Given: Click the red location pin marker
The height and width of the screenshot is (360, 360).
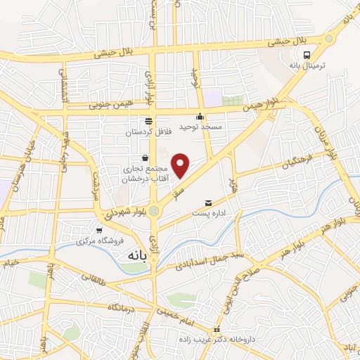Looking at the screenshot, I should [181, 165].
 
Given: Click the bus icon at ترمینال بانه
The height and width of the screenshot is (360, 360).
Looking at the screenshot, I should [307, 54].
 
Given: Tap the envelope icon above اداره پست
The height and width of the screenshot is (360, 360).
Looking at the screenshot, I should [207, 204].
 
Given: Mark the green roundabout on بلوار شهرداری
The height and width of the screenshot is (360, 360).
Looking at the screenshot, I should [153, 210].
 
